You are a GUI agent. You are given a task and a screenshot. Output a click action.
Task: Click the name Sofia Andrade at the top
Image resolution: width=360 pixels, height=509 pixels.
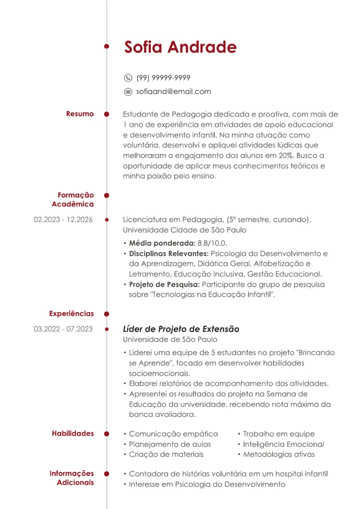pos(180,47)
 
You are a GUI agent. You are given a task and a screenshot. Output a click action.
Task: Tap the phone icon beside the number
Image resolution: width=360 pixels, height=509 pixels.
pos(128,78)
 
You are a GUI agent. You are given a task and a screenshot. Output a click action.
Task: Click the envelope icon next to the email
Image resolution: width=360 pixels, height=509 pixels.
pos(128,91)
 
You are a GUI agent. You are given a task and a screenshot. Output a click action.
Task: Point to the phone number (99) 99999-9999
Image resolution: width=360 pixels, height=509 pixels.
pos(163,78)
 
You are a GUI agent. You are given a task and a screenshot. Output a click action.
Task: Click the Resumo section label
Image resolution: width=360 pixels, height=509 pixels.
pos(80,114)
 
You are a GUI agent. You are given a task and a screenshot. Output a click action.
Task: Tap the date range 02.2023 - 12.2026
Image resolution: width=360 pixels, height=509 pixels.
pos(63,220)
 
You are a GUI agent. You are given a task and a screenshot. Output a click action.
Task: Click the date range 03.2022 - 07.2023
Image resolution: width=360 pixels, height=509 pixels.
pos(63,329)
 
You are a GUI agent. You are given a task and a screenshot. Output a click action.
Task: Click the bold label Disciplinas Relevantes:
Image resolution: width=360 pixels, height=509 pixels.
pos(168,253)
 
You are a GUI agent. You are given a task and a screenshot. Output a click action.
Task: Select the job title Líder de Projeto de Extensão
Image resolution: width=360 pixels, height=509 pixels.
pos(181,329)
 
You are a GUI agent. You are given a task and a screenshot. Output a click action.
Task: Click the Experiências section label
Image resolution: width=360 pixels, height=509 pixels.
pos(72,314)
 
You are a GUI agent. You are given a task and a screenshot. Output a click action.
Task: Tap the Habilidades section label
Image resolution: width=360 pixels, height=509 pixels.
pos(73,434)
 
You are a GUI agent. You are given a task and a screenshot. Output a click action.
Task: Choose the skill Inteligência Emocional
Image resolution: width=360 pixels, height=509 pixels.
pos(283,444)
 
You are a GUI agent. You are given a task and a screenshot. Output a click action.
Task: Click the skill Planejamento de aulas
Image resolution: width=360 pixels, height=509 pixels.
pos(170,444)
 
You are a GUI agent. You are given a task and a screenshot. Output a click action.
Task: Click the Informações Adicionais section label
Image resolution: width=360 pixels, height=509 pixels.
pos(72,478)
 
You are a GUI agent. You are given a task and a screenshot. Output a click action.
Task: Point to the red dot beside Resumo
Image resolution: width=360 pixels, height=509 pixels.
pos(107,114)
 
